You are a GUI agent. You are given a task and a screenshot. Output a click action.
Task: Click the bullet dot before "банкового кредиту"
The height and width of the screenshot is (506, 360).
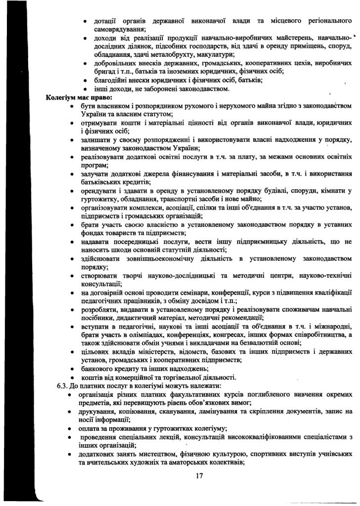click(x=73, y=369)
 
